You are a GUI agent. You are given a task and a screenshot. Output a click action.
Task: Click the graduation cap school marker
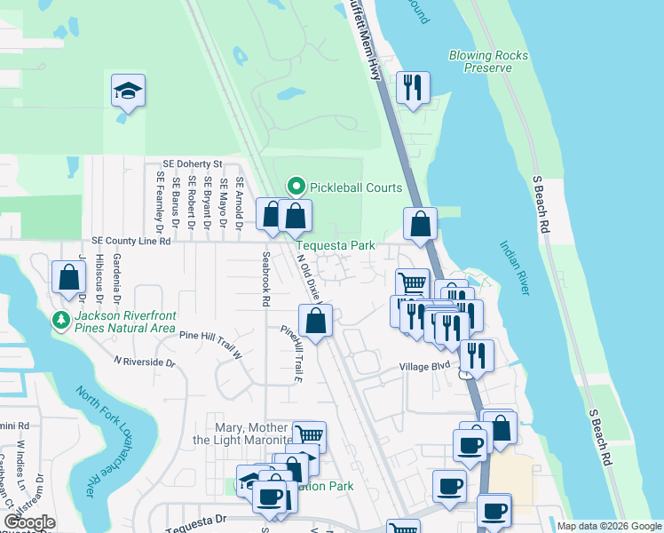[x=129, y=91]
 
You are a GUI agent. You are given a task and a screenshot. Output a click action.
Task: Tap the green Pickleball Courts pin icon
[x=296, y=187]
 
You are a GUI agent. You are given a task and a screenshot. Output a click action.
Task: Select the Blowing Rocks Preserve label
[x=488, y=61]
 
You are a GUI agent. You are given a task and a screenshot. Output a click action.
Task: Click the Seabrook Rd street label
[x=265, y=278]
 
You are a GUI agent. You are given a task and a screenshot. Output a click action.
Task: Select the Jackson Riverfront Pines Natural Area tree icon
[x=61, y=319]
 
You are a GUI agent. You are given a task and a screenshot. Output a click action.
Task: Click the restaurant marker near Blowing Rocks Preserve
[x=412, y=88]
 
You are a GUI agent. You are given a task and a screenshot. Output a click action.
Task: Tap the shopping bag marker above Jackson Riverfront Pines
[x=68, y=276]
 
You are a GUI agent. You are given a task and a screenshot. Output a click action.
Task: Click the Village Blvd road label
[x=425, y=366]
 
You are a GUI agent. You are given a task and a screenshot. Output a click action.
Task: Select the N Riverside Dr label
[x=144, y=362]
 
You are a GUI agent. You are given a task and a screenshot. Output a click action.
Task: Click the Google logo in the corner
[x=29, y=522]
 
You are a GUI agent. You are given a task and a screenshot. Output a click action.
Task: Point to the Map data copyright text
[x=609, y=526]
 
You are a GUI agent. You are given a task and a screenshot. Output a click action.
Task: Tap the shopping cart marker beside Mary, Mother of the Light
[x=308, y=436]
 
